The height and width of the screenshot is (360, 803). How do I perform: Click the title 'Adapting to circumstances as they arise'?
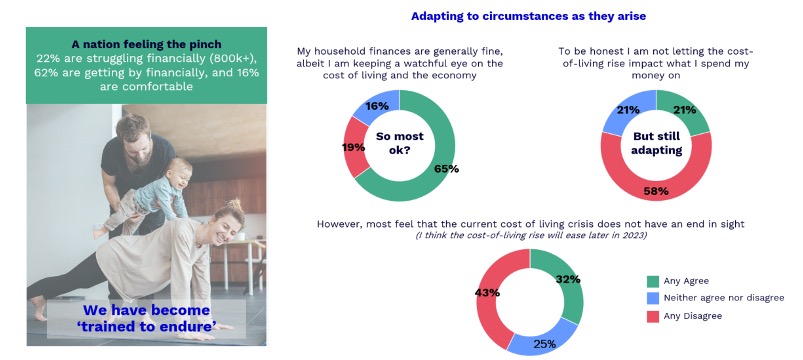point(528,16)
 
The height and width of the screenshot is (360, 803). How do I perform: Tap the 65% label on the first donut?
point(446,168)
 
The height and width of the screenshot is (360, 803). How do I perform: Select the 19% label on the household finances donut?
point(353,147)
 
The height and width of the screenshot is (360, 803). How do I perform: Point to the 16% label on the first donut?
point(377,106)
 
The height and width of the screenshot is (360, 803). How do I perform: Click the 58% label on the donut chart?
point(656,192)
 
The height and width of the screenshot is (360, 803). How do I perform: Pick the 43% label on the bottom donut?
point(487,293)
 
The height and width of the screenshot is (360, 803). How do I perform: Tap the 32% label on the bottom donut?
point(568,279)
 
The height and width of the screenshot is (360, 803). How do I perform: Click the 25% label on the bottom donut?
point(544,344)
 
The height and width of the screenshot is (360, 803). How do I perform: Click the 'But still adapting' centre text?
point(657,143)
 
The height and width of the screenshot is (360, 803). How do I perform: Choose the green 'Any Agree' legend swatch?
point(653,281)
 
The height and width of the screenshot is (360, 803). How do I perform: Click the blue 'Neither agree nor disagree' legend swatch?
point(653,298)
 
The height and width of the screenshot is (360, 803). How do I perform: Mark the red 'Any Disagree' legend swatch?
point(653,316)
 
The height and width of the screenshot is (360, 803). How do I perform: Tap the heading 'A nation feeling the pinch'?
point(146,45)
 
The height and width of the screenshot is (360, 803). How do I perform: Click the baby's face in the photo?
point(180,176)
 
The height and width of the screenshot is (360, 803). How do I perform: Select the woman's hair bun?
point(235,205)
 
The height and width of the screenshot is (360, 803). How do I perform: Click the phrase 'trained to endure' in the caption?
point(146,325)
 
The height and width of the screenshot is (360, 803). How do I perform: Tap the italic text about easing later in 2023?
point(531,236)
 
